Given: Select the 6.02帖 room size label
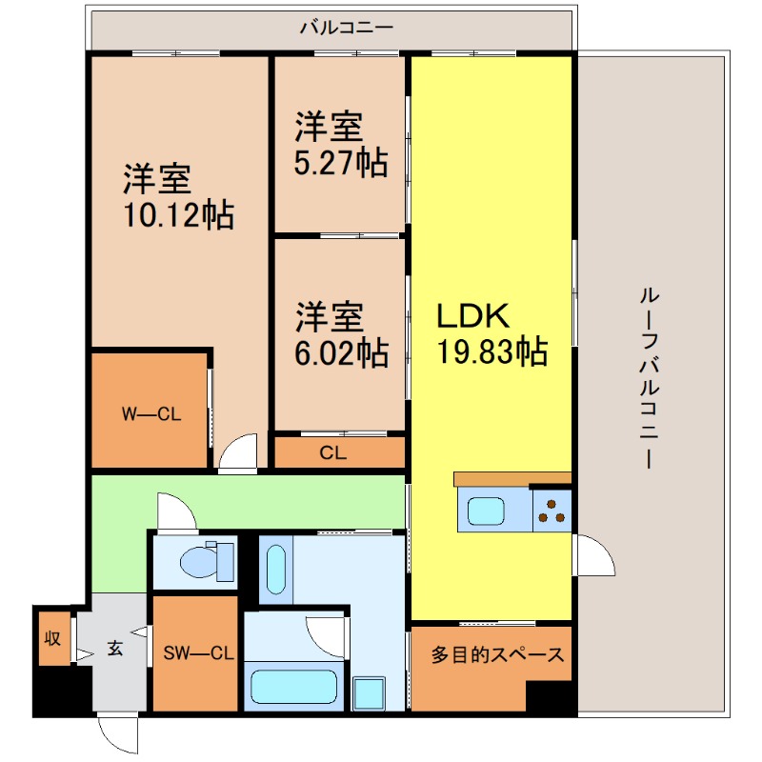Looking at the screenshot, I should [340, 353].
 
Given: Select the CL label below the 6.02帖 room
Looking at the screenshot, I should [332, 453].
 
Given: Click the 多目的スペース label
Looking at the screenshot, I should [497, 655].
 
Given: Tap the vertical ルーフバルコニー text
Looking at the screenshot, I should [650, 377].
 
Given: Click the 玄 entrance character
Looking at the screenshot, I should [114, 650].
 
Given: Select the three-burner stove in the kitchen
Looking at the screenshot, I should [551, 511].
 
